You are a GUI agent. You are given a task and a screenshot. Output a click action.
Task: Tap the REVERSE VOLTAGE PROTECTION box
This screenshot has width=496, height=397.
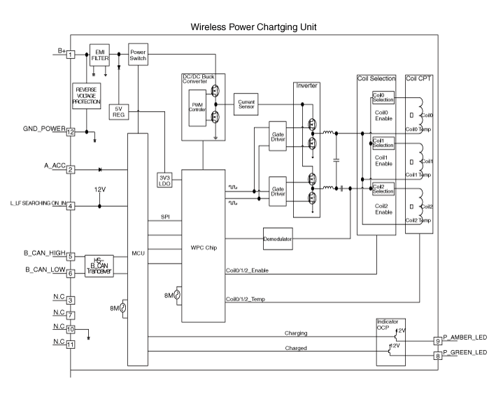click(87, 96)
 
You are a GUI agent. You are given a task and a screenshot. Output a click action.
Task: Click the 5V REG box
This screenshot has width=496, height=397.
click(118, 112)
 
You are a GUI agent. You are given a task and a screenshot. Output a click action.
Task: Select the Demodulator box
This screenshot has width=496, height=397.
click(278, 238)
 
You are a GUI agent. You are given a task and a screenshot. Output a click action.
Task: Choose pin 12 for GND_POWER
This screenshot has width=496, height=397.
click(71, 131)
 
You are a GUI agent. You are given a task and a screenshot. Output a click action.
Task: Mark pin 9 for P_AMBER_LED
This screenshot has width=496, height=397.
click(437, 341)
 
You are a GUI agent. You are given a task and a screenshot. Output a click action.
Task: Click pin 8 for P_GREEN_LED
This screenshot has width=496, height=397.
click(437, 356)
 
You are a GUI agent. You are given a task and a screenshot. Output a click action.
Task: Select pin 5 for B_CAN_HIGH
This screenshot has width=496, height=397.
click(71, 256)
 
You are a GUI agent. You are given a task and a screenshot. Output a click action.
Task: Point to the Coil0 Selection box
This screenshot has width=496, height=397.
click(383, 98)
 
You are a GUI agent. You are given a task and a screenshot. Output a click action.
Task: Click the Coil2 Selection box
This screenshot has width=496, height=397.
click(383, 189)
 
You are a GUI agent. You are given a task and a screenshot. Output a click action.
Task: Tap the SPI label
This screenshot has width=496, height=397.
click(165, 217)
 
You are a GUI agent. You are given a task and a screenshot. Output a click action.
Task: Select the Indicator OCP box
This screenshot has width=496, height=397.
click(387, 340)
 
